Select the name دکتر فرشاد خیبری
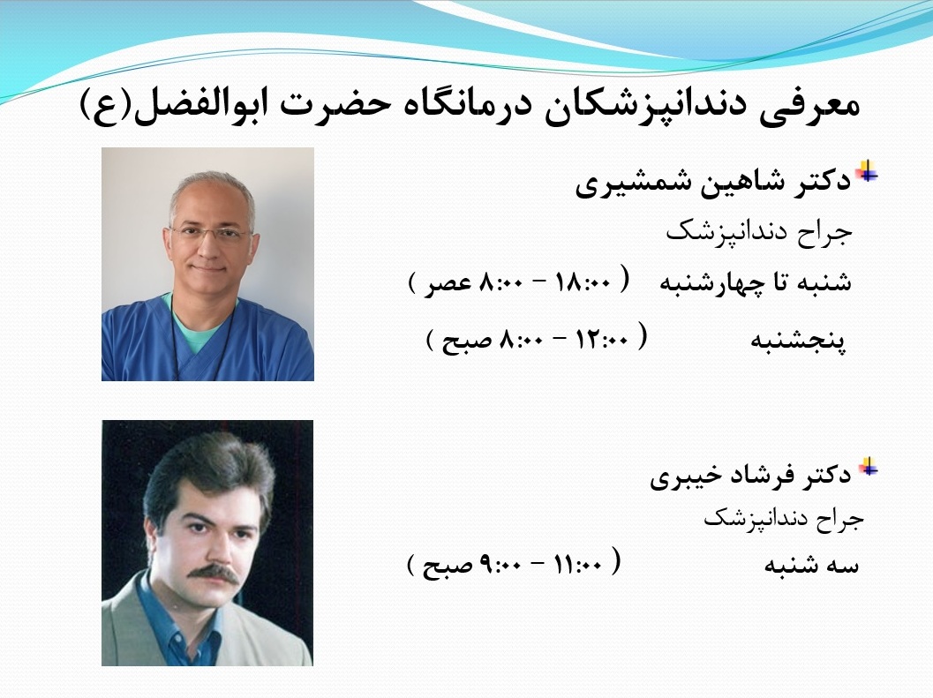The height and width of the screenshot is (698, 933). [x=751, y=476]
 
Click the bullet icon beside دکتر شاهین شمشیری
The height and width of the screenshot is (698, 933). [x=867, y=171]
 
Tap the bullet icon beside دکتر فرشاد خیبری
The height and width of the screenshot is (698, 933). [x=868, y=467]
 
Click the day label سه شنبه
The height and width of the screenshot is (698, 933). [x=811, y=565]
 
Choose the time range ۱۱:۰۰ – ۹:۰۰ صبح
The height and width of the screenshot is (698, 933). [x=514, y=564]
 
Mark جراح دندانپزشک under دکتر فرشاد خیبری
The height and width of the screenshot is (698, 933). [x=784, y=519]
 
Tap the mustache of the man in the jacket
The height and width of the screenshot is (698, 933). [x=214, y=573]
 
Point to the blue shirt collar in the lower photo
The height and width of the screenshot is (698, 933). [x=172, y=619]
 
